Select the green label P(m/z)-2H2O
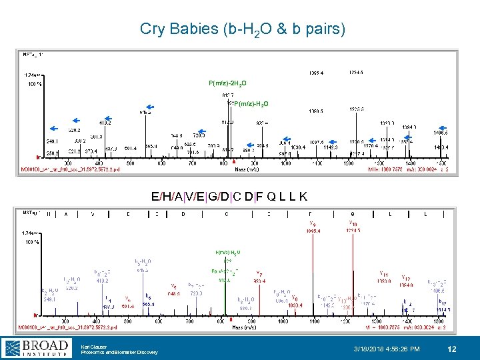pyautogui.click(x=227, y=83)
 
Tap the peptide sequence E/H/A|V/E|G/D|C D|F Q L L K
pyautogui.click(x=229, y=196)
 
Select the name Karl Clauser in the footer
pyautogui.click(x=93, y=345)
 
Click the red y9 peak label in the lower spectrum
pyautogui.click(x=313, y=223)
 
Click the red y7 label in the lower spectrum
pyautogui.click(x=259, y=273)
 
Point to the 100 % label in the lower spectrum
pyautogui.click(x=33, y=241)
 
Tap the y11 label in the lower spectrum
pyautogui.click(x=384, y=273)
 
